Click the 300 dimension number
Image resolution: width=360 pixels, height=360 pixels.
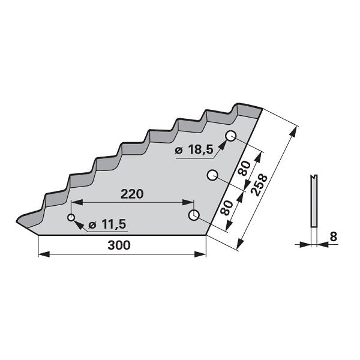tap(119, 245)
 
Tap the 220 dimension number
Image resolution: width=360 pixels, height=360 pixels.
tap(132, 194)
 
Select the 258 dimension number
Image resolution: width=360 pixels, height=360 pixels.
tap(259, 185)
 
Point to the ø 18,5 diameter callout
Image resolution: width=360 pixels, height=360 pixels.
tap(194, 150)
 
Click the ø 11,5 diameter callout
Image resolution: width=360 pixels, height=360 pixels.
tap(107, 224)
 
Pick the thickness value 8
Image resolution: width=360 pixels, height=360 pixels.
tap(333, 237)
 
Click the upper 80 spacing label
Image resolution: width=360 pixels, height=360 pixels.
tap(244, 168)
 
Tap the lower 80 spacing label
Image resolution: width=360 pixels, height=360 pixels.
tap(227, 208)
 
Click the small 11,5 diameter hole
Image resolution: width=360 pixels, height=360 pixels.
tap(71, 217)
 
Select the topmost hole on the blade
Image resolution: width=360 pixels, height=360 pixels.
tap(230, 136)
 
